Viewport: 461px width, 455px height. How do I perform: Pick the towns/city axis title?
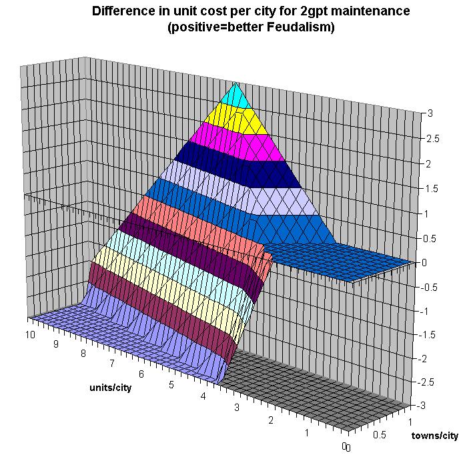pyautogui.click(x=434, y=436)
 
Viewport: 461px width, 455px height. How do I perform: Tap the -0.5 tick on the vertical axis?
pyautogui.click(x=430, y=288)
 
